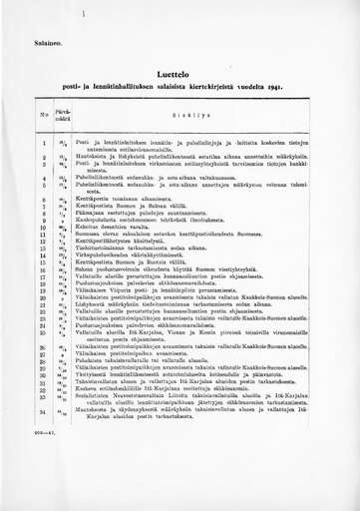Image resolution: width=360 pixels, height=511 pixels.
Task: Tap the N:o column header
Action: coord(44,115)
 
